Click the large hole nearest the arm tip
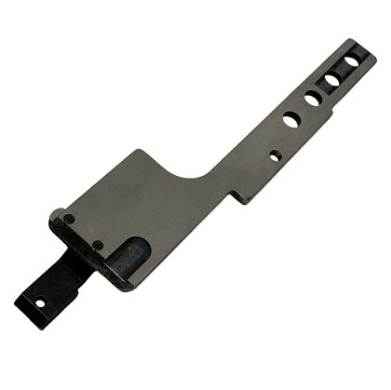click(x=353, y=61)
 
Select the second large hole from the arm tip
click(x=332, y=80)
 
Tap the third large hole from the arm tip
click(x=313, y=99)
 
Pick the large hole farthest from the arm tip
click(x=291, y=119)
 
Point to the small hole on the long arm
click(x=275, y=155)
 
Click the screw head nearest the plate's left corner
click(x=70, y=219)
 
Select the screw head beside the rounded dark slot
click(x=98, y=245)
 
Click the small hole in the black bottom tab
click(x=39, y=302)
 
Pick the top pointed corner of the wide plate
click(x=140, y=151)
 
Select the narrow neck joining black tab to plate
click(x=74, y=265)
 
